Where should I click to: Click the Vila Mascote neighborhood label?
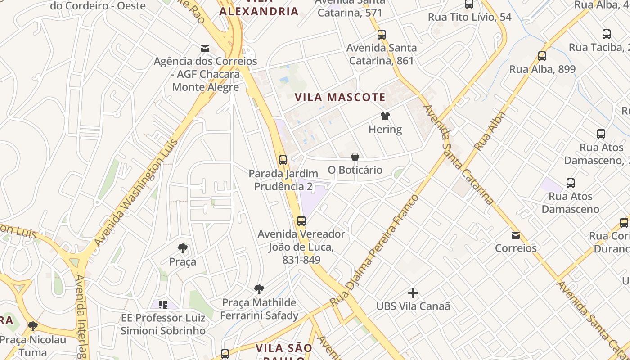pyautogui.click(x=340, y=97)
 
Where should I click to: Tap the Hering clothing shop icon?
pyautogui.click(x=385, y=116)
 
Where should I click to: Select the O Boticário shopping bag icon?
pyautogui.click(x=355, y=157)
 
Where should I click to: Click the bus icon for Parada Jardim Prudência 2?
pyautogui.click(x=283, y=160)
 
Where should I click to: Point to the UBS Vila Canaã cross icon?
pyautogui.click(x=413, y=293)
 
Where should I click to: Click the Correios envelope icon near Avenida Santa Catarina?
pyautogui.click(x=516, y=235)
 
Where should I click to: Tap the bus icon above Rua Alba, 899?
pyautogui.click(x=542, y=56)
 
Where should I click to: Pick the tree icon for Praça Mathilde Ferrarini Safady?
pyautogui.click(x=259, y=289)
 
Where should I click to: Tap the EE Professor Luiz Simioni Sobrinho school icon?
pyautogui.click(x=163, y=305)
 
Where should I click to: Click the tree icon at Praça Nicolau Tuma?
pyautogui.click(x=32, y=326)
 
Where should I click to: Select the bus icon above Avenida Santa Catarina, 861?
pyautogui.click(x=382, y=34)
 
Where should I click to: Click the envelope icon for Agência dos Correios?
pyautogui.click(x=205, y=48)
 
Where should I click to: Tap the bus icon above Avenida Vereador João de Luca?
pyautogui.click(x=301, y=221)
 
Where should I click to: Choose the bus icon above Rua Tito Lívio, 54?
pyautogui.click(x=469, y=4)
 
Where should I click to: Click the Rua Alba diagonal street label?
pyautogui.click(x=490, y=131)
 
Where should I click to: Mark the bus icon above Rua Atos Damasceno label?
pyautogui.click(x=571, y=183)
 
